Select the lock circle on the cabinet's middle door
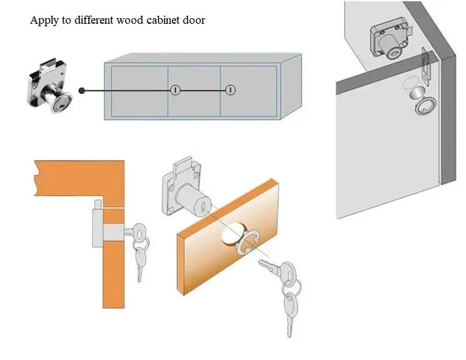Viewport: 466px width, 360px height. click(176, 90)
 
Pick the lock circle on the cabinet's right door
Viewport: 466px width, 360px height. click(230, 90)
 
